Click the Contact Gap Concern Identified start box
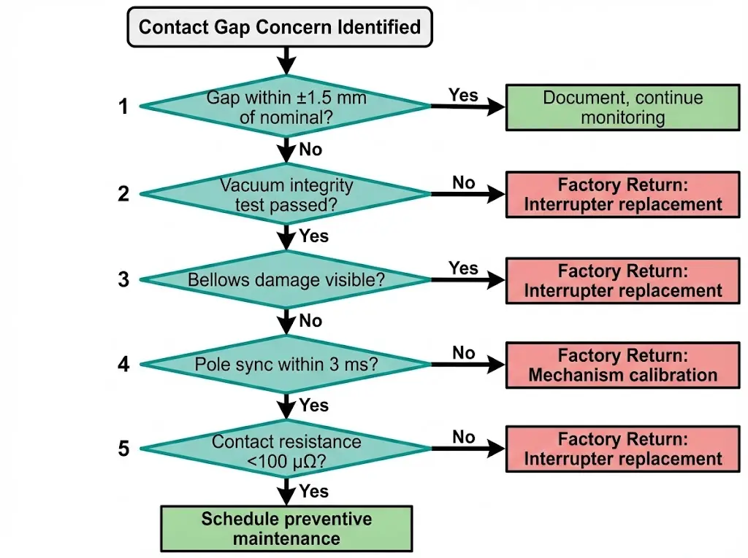click(x=280, y=28)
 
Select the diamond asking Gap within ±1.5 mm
click(x=286, y=106)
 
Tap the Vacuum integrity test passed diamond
click(x=286, y=194)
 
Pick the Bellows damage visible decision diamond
click(x=286, y=279)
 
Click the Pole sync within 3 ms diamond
click(x=286, y=363)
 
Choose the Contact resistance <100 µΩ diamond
click(x=286, y=450)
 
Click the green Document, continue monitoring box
click(x=623, y=108)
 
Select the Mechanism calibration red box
click(x=623, y=365)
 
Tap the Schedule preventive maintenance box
click(x=286, y=529)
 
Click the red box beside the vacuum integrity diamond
click(x=623, y=195)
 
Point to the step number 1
click(x=123, y=107)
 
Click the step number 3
click(x=123, y=279)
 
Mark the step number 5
click(x=123, y=449)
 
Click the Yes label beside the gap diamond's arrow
click(x=463, y=96)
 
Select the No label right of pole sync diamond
click(x=463, y=353)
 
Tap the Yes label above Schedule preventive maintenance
click(x=314, y=492)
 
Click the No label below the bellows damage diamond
click(x=311, y=321)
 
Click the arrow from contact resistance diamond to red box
click(x=467, y=450)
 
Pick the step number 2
click(x=123, y=193)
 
